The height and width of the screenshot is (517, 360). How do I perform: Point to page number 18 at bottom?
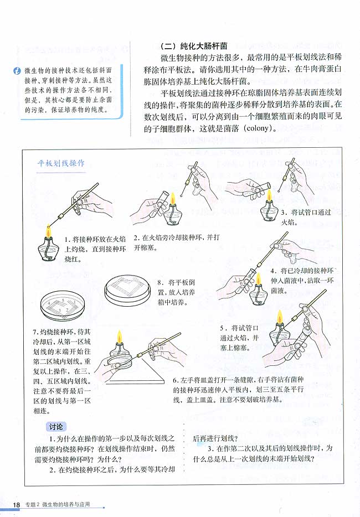pyautogui.click(x=16, y=504)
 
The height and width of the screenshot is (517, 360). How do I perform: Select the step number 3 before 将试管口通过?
pyautogui.click(x=284, y=212)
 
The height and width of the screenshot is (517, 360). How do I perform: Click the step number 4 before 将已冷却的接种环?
pyautogui.click(x=274, y=271)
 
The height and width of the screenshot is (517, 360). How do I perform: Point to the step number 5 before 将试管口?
pyautogui.click(x=223, y=327)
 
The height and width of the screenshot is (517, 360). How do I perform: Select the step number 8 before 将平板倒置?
pyautogui.click(x=160, y=282)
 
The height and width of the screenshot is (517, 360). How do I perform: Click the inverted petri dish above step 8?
pyautogui.click(x=127, y=288)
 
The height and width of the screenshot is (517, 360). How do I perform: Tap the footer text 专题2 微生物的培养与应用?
pyautogui.click(x=56, y=504)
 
